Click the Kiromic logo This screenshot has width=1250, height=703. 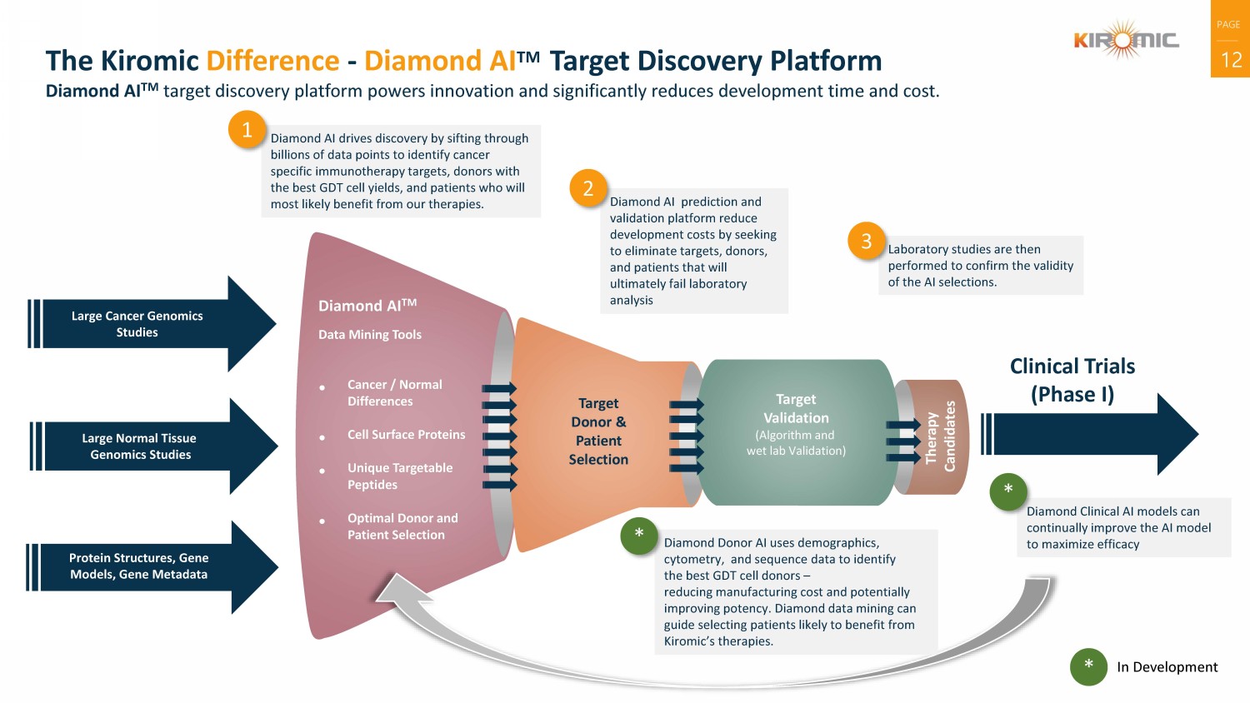1126,40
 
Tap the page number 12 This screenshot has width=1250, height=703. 1231,60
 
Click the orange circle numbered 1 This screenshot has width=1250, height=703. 247,130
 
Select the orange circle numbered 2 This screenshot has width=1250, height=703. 588,188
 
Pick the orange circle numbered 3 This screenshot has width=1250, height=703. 866,242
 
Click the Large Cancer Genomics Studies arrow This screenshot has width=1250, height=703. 150,324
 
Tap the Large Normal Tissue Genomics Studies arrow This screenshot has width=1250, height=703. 152,446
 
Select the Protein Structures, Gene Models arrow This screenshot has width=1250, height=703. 151,566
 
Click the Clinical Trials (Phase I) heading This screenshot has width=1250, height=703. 1072,380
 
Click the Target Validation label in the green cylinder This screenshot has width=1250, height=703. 796,409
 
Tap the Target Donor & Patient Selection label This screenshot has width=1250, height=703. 598,431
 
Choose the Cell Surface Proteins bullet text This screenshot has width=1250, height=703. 406,435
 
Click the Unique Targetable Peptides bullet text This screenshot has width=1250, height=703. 399,476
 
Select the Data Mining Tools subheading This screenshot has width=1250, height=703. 369,335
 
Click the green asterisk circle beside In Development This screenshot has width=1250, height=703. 1088,666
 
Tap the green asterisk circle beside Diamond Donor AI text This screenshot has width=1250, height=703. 639,535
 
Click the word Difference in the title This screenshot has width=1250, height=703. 272,61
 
